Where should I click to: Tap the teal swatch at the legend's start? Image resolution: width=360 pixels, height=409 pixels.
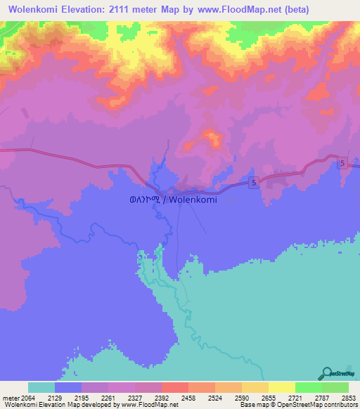(41, 387)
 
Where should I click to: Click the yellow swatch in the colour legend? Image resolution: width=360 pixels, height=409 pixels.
(281, 387)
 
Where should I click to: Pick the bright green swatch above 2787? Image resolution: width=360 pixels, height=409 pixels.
(308, 387)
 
